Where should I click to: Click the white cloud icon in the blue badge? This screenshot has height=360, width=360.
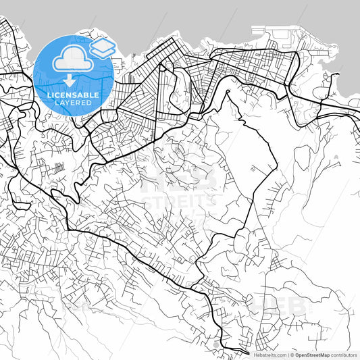pos(70,60)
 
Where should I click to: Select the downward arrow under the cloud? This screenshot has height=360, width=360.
pos(70,81)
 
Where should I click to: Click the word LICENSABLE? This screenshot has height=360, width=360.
pos(74,95)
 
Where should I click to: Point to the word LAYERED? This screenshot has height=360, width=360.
pos(74,103)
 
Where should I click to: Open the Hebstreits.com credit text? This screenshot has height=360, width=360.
pos(269,355)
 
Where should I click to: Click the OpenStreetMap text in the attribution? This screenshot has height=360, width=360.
pos(312,355)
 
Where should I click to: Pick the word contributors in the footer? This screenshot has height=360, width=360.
pos(344,355)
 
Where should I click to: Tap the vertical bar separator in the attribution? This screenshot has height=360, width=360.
pos(288,355)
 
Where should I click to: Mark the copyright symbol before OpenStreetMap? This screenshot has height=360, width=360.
pos(292,355)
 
